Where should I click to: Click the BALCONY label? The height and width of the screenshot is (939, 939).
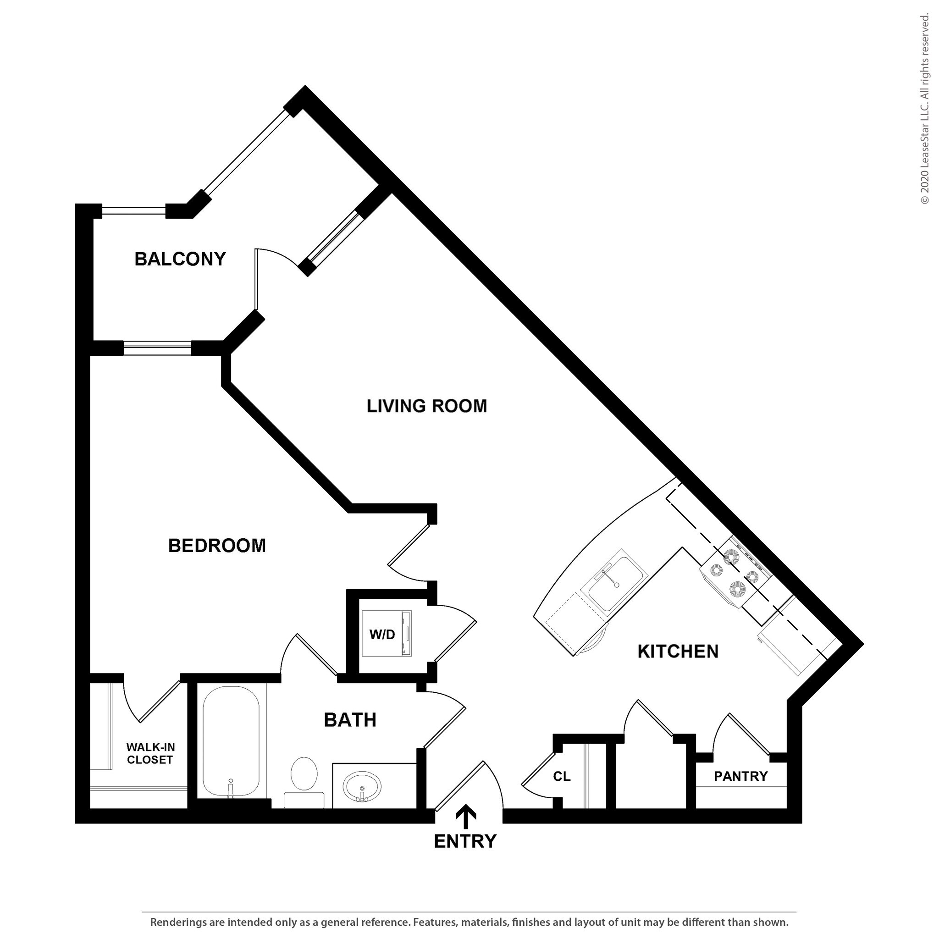(x=180, y=259)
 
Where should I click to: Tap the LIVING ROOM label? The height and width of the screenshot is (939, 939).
(x=426, y=406)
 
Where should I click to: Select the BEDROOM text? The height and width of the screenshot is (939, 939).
(x=217, y=546)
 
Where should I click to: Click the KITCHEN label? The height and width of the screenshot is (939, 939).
(x=678, y=652)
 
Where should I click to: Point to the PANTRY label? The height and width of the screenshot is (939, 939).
(x=740, y=776)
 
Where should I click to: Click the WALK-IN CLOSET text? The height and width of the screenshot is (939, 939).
(x=150, y=753)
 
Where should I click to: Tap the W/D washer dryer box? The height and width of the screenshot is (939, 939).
(x=387, y=634)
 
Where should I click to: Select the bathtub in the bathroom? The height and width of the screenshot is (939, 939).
(x=231, y=741)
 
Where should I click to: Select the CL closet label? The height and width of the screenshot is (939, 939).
(x=561, y=776)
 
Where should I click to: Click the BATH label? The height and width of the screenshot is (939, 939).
(x=350, y=720)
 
